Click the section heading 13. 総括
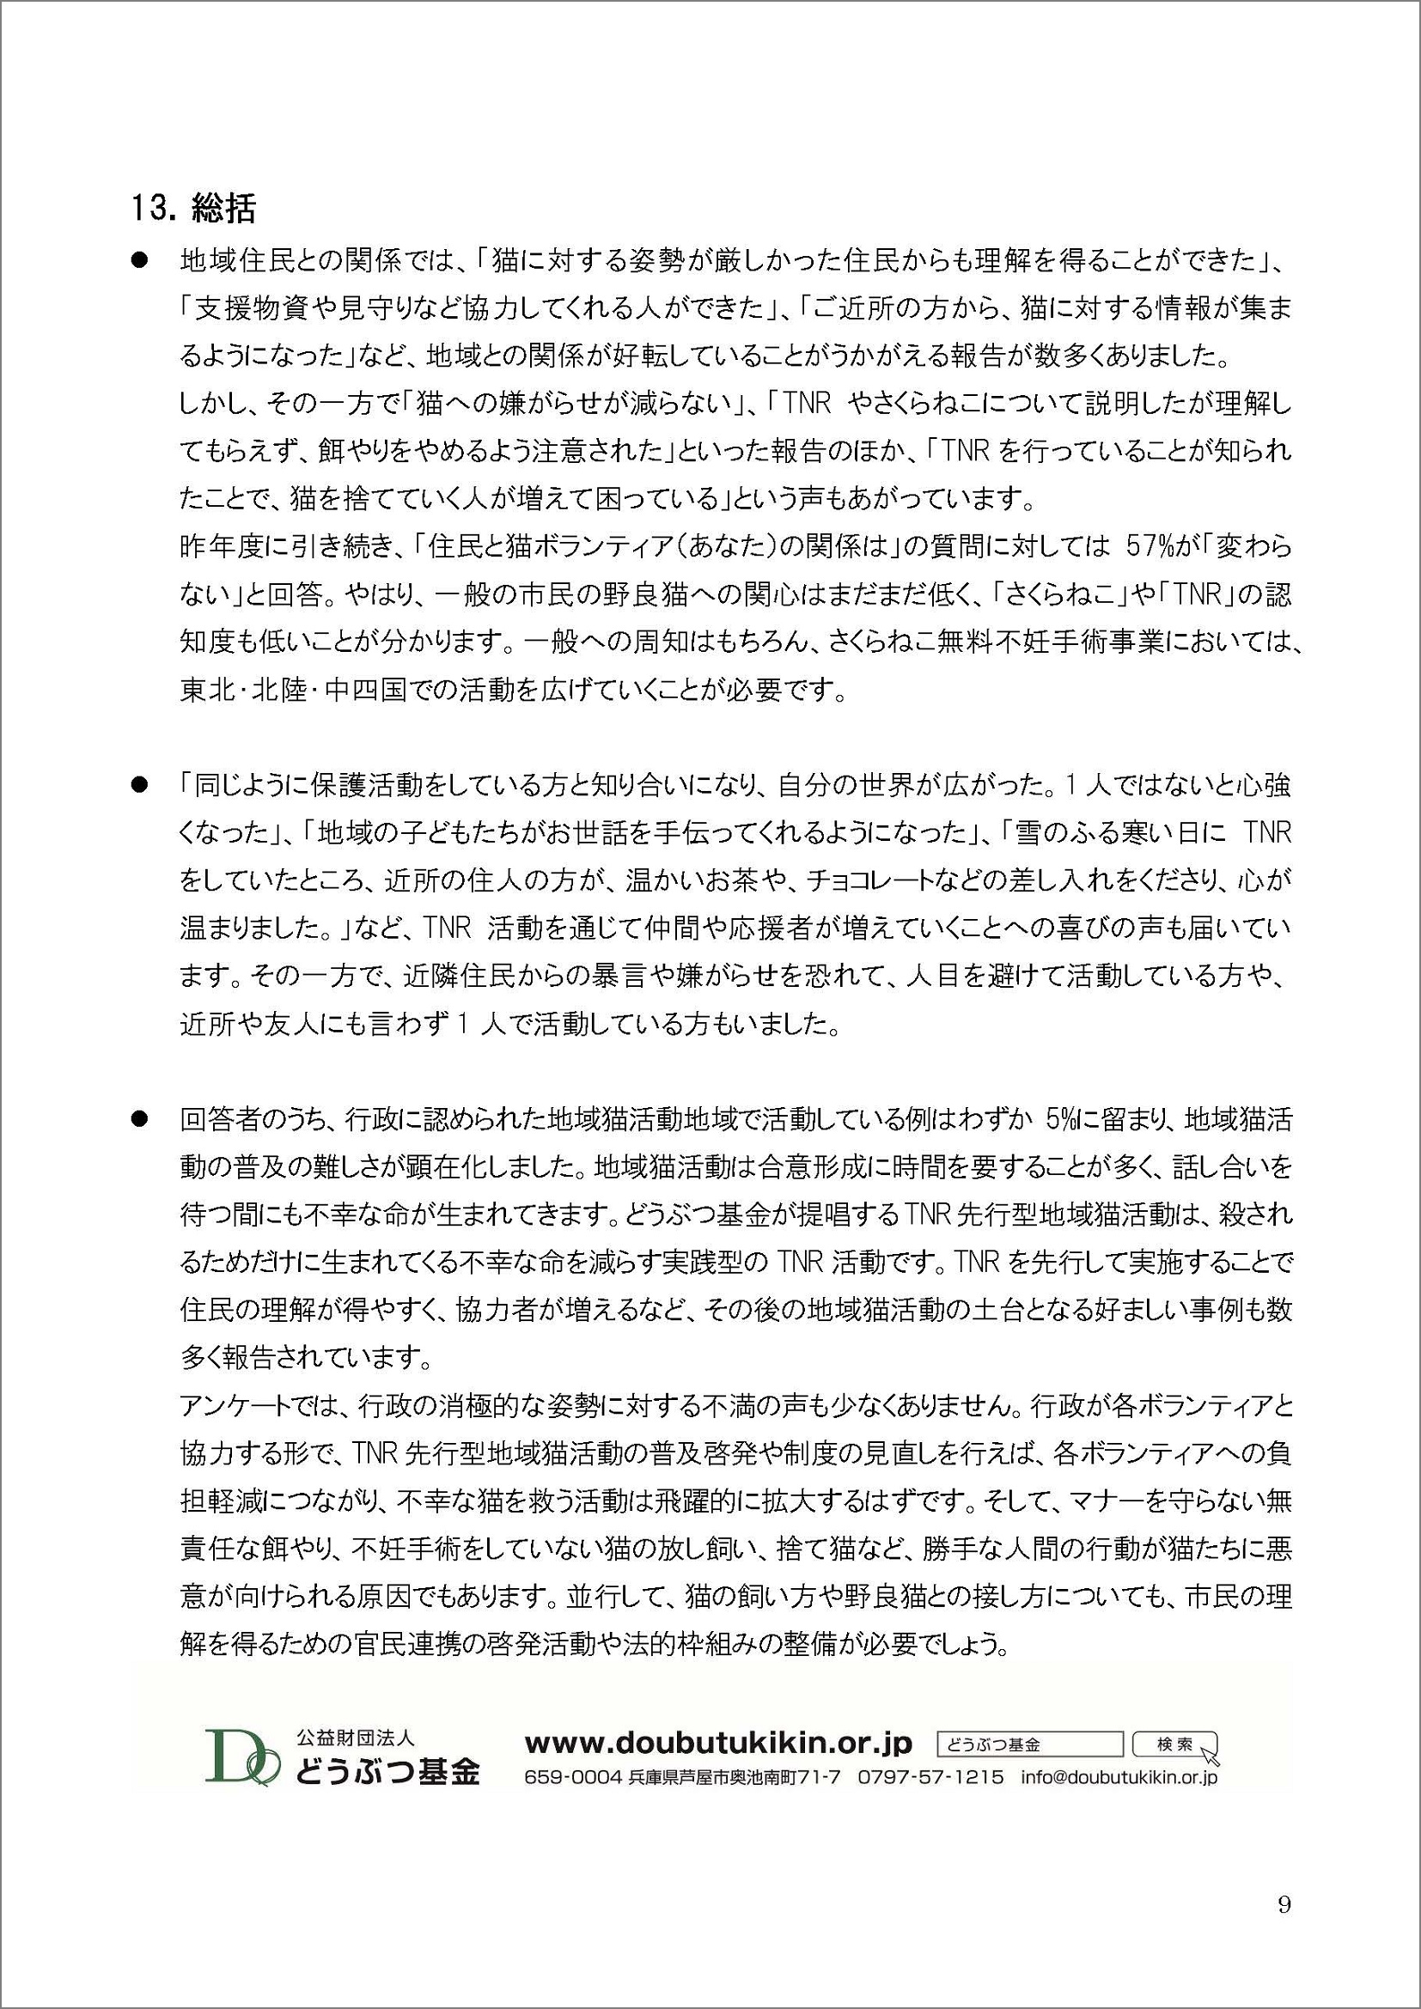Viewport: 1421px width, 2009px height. point(193,208)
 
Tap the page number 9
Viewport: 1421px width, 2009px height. point(1284,1899)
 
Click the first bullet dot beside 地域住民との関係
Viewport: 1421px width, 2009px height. point(137,261)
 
